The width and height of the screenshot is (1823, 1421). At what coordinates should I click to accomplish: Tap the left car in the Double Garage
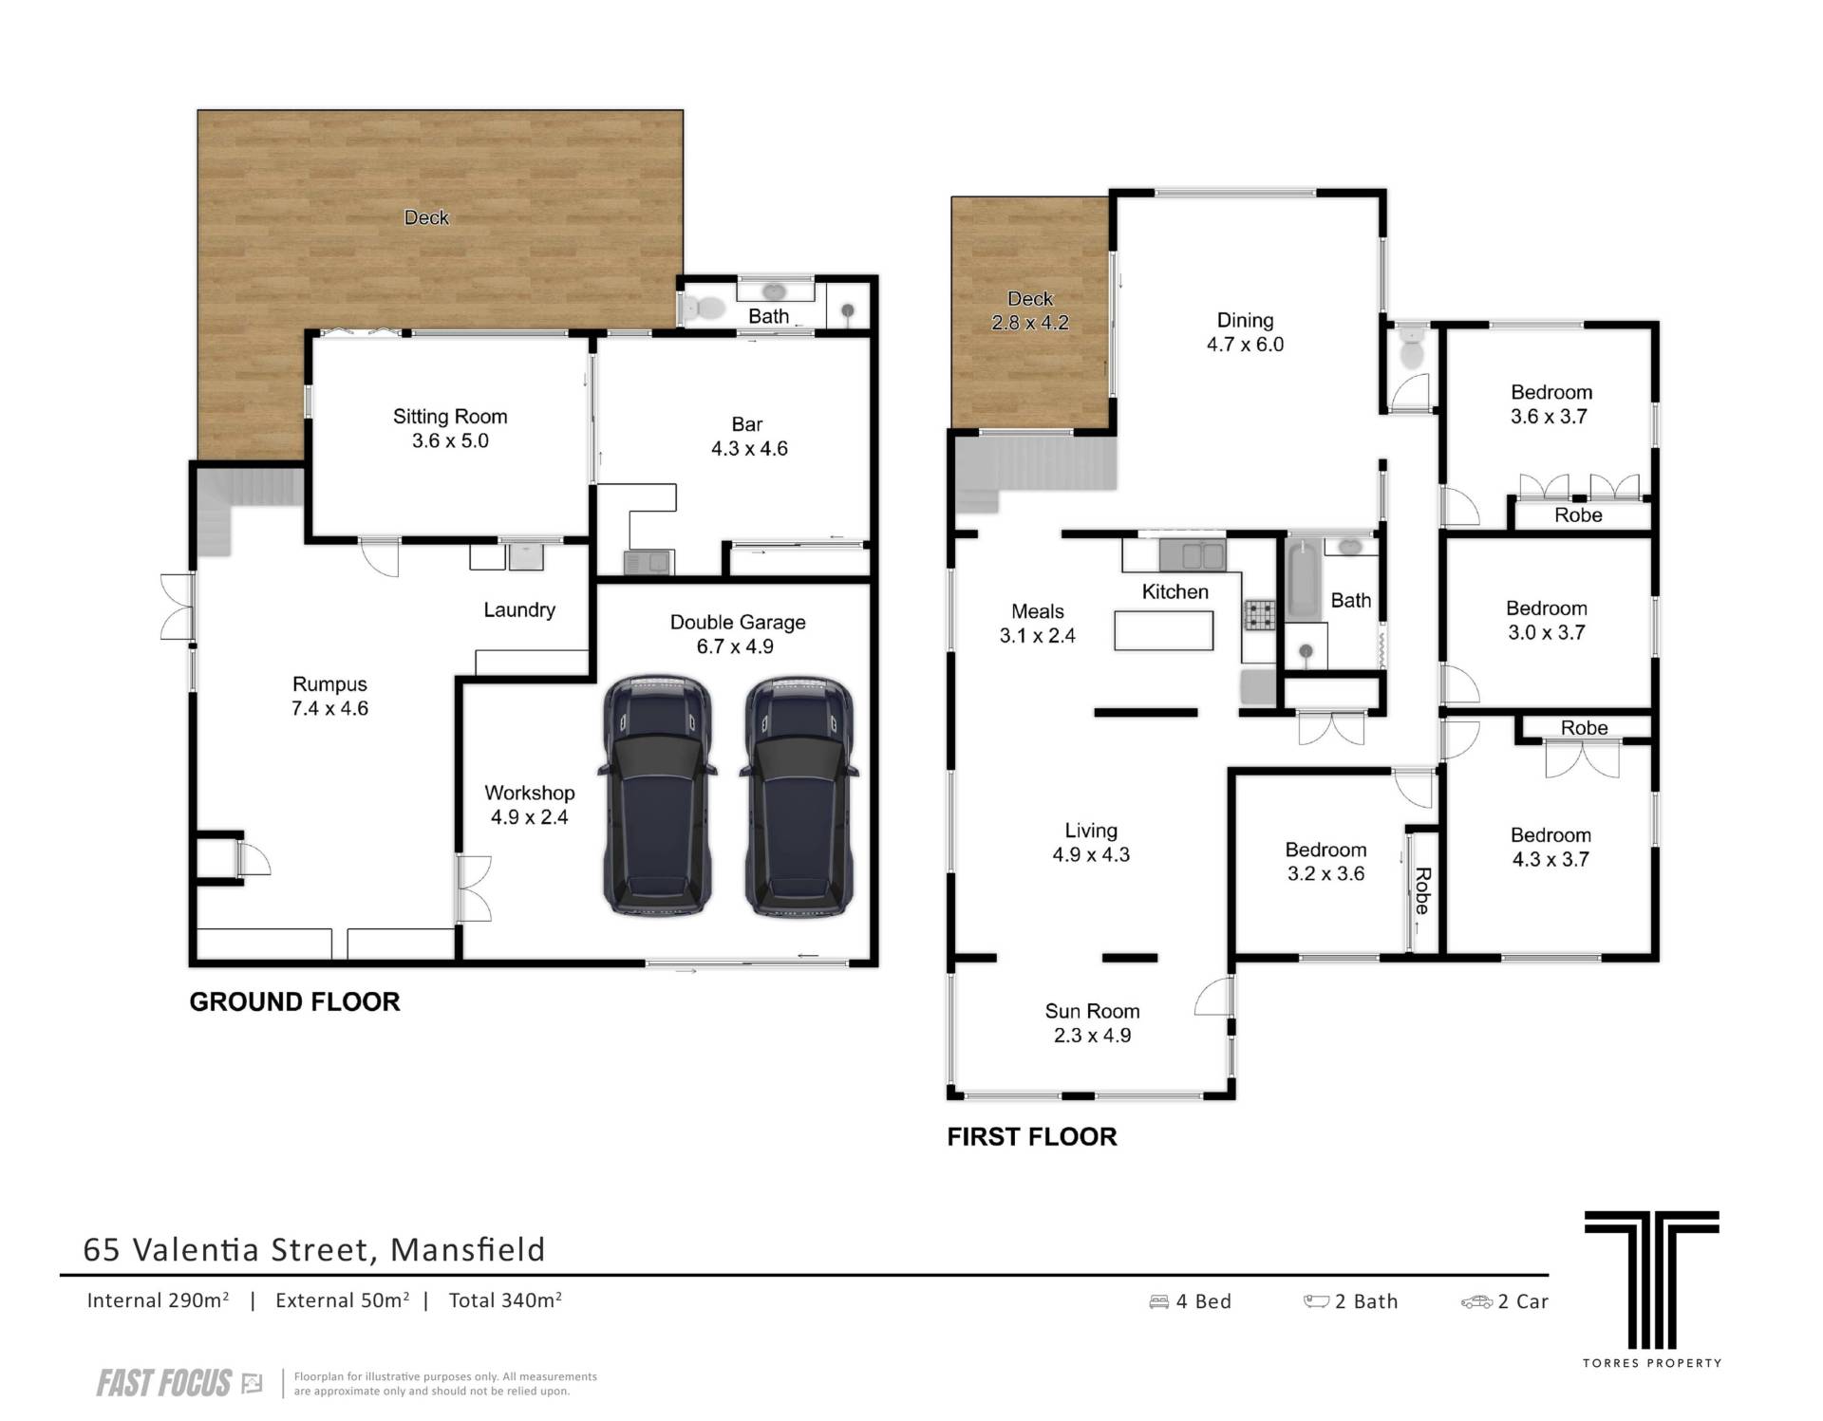click(x=656, y=795)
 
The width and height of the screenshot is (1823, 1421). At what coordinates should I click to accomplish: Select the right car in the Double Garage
click(x=799, y=795)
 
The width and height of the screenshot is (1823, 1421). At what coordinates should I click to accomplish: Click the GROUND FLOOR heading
click(x=294, y=1001)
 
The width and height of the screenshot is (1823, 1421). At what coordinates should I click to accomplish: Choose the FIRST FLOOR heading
click(x=1032, y=1136)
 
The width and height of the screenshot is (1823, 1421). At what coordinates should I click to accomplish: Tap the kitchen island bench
click(x=1163, y=630)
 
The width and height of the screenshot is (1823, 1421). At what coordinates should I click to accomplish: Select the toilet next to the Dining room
click(x=1412, y=348)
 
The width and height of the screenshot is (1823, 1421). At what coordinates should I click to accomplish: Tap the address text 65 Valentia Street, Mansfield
click(x=314, y=1249)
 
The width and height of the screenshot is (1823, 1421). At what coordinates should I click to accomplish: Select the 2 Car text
click(x=1523, y=1301)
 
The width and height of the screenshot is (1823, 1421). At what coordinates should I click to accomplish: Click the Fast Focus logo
click(x=179, y=1383)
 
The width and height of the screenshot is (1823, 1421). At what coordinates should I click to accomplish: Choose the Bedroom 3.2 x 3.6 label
click(x=1325, y=862)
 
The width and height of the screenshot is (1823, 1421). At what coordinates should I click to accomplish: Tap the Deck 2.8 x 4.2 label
click(x=1030, y=310)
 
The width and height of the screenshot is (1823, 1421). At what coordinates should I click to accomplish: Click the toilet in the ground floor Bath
click(x=703, y=308)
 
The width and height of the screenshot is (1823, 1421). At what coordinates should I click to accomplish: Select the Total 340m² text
click(x=505, y=1300)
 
